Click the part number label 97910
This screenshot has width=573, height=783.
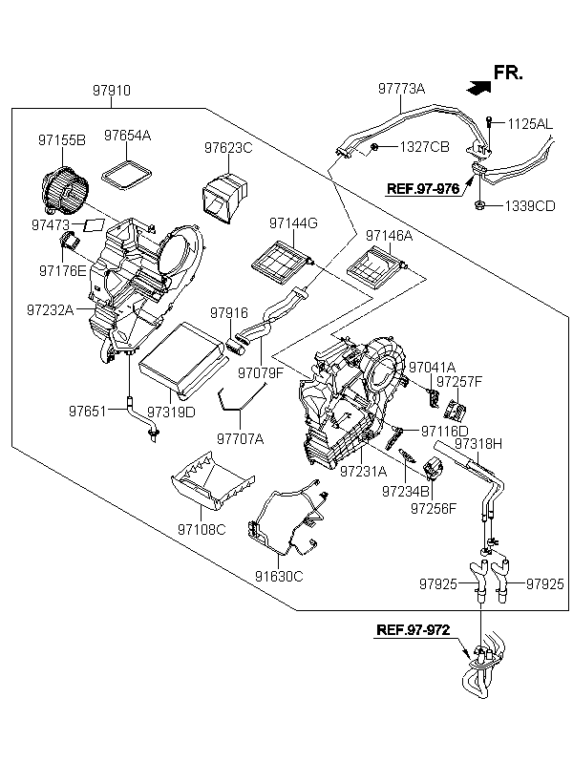112,91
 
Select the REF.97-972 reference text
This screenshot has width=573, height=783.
413,630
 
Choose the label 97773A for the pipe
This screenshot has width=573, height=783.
401,89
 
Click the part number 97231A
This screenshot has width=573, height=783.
364,471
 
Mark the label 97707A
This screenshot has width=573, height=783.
240,438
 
